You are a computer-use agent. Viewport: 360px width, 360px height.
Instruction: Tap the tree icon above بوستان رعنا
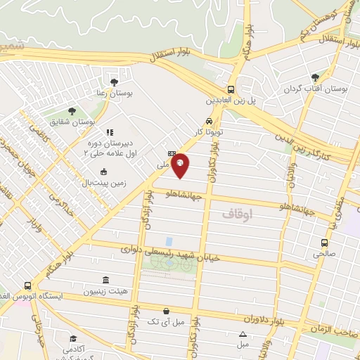114,82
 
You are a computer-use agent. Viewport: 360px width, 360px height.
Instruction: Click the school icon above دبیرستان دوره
109,131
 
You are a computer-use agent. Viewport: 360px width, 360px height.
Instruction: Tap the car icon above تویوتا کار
209,120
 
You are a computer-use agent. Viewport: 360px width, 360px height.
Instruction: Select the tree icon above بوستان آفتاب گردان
314,77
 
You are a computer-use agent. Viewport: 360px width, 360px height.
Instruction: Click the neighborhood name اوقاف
236,212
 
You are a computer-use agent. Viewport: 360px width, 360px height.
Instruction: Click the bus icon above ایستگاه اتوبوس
27,285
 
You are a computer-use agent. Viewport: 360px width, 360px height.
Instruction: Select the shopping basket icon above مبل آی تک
165,311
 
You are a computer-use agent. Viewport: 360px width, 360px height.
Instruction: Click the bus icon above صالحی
326,241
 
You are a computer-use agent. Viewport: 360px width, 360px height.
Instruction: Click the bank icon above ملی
172,153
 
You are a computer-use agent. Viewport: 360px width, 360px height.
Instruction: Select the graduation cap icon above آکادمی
73,338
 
